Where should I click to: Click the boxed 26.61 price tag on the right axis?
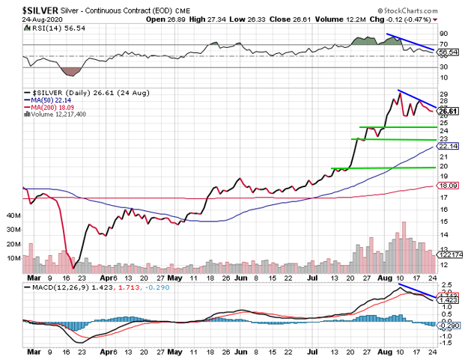[449, 111]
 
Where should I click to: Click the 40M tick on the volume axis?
[13, 215]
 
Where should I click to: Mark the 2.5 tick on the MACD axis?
[445, 285]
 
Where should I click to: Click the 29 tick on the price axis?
[443, 95]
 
